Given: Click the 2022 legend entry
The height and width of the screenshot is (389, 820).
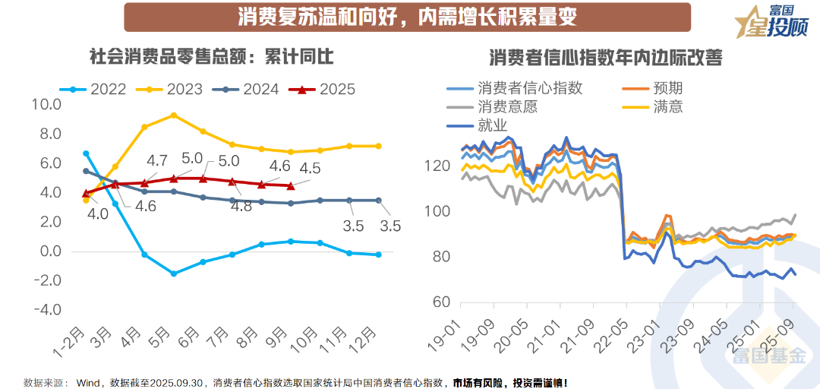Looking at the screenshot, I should tap(97, 89).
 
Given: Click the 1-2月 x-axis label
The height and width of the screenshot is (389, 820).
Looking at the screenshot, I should tap(71, 340).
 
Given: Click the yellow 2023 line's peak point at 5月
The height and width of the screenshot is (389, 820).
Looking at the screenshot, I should tap(174, 115).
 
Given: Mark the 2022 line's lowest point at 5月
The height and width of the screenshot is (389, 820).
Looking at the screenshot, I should tap(174, 274).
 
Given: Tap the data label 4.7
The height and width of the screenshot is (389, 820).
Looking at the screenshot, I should tap(156, 160).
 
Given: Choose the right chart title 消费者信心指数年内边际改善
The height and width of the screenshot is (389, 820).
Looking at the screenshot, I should tap(605, 58).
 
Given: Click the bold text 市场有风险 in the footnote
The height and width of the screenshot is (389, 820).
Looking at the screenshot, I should tap(479, 382).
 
